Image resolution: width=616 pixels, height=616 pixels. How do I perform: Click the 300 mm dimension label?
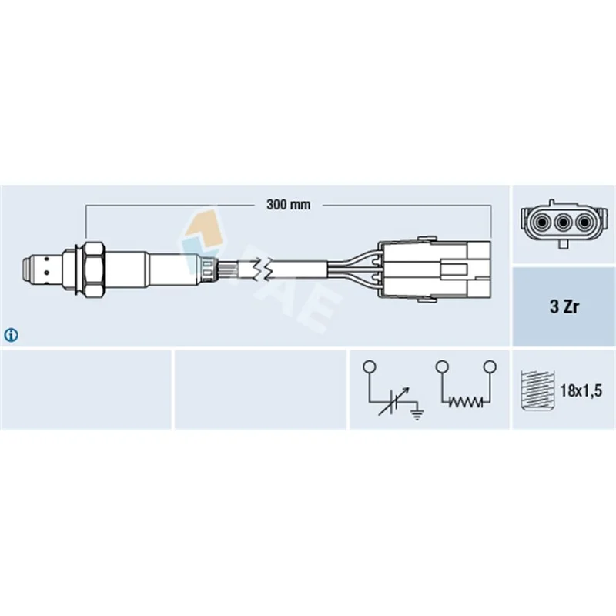tap(288, 205)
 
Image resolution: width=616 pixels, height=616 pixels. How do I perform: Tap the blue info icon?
tap(11, 335)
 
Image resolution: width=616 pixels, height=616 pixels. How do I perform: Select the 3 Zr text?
tap(564, 306)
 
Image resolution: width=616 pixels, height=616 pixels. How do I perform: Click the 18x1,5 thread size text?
tap(581, 390)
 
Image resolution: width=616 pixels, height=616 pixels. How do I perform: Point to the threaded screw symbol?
tap(537, 390)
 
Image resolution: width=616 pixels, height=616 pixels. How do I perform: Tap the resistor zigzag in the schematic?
tap(466, 402)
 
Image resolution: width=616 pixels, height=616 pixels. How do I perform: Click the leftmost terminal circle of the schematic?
tap(370, 367)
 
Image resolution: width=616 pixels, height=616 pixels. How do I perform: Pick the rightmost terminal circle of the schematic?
tap(490, 367)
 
